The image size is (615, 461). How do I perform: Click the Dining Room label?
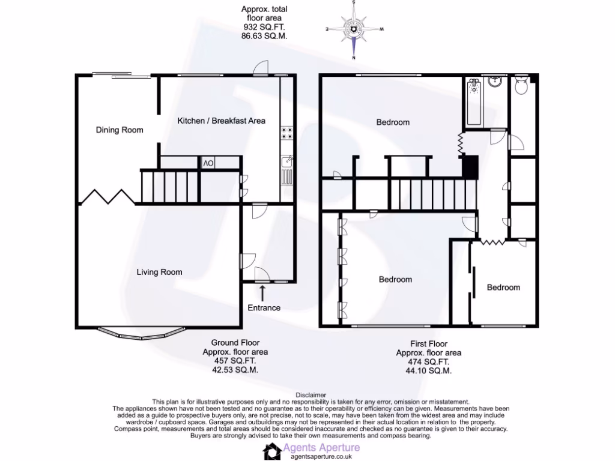tap(120, 130)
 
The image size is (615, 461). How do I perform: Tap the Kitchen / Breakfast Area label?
tap(221, 121)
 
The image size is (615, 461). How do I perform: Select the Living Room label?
tap(159, 272)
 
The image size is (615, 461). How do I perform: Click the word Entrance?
tap(264, 308)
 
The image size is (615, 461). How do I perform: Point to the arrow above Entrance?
tap(263, 293)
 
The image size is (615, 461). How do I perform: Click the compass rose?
tap(354, 29)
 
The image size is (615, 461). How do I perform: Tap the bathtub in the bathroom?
tap(474, 102)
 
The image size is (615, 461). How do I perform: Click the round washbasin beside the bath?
tap(496, 82)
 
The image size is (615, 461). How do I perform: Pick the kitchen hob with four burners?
tap(286, 133)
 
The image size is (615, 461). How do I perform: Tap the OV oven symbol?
tap(207, 163)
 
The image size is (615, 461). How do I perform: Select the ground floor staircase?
tap(169, 186)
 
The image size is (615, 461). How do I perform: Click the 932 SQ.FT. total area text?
tap(264, 27)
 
